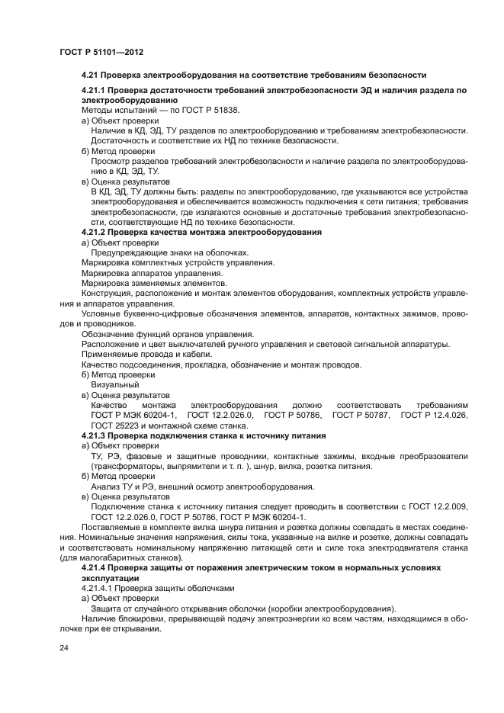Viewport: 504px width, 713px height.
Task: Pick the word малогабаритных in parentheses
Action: [x=118, y=557]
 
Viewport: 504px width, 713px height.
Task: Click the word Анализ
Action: [x=106, y=486]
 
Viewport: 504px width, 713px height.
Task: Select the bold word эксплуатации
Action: [x=112, y=578]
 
